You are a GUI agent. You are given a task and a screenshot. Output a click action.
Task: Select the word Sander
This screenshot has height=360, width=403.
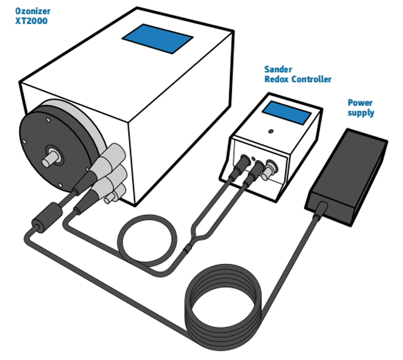278,69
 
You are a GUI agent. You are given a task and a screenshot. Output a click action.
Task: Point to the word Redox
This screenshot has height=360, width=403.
278,80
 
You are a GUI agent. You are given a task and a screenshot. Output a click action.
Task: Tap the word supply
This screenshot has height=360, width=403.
361,113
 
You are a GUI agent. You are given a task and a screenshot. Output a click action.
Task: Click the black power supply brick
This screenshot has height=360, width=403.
347,171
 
